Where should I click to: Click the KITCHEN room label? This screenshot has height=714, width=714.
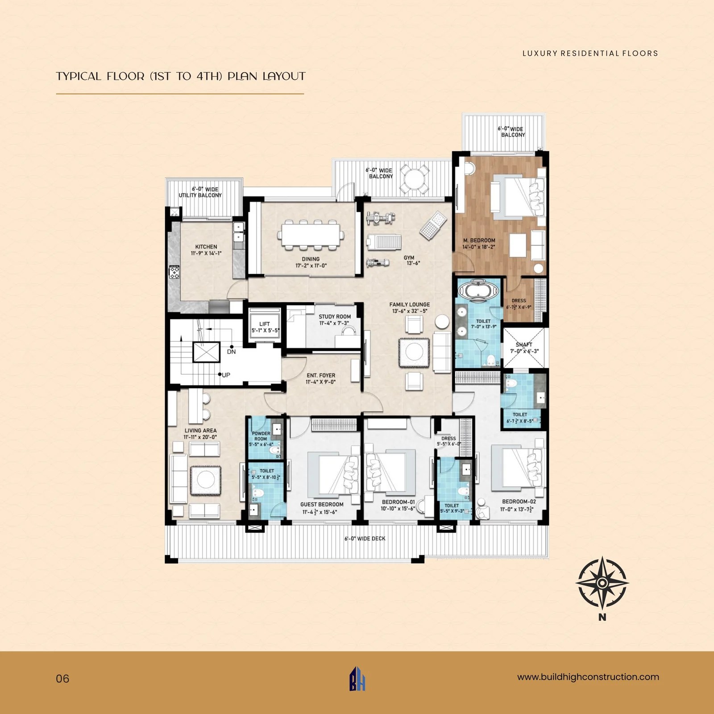click(x=206, y=247)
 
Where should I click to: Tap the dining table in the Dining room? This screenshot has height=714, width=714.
click(x=312, y=235)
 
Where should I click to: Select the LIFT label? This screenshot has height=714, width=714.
click(x=265, y=324)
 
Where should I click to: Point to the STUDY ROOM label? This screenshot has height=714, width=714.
click(x=335, y=316)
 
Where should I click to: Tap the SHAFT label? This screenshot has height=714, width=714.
click(x=524, y=345)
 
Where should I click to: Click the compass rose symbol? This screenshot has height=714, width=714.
click(x=602, y=583)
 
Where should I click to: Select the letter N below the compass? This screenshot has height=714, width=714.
click(x=602, y=618)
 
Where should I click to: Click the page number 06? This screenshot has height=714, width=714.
click(x=62, y=679)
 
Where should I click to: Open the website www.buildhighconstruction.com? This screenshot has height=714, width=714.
click(x=588, y=677)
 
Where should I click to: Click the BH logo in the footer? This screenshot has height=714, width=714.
click(x=357, y=679)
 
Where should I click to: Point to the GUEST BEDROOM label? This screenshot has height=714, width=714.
click(x=322, y=505)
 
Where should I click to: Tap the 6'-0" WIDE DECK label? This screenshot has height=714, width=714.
click(x=365, y=539)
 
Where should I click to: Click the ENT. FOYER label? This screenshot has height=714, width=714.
click(x=321, y=376)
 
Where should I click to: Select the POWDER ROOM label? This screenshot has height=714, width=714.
click(x=261, y=436)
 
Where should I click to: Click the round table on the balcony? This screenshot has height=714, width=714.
click(x=414, y=179)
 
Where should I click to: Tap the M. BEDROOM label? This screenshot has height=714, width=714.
click(x=479, y=241)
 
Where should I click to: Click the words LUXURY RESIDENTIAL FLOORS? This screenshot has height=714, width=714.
click(x=590, y=54)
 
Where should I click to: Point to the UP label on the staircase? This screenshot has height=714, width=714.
click(x=226, y=375)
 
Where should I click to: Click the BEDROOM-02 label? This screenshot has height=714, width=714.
click(x=519, y=502)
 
